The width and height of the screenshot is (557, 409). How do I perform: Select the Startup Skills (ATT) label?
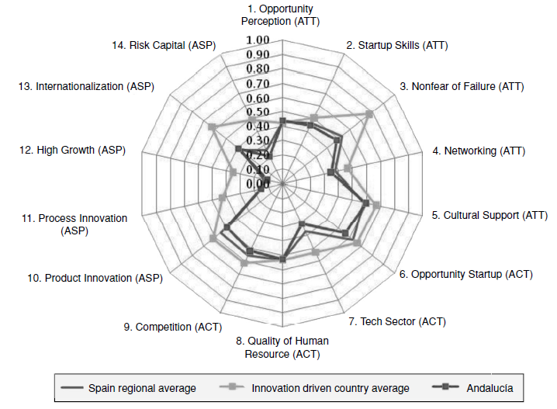pyautogui.click(x=396, y=46)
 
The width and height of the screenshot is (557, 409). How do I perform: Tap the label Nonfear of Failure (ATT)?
pyautogui.click(x=462, y=87)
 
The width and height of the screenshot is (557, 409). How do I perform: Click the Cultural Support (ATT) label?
pyautogui.click(x=490, y=215)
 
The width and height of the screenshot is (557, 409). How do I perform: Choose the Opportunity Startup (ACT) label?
pyautogui.click(x=465, y=274)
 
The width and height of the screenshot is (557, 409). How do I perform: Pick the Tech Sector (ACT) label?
pyautogui.click(x=397, y=321)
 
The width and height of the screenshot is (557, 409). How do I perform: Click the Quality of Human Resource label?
pyautogui.click(x=282, y=347)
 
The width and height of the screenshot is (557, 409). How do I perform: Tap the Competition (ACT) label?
pyautogui.click(x=168, y=327)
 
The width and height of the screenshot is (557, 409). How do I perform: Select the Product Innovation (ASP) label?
pyautogui.click(x=93, y=277)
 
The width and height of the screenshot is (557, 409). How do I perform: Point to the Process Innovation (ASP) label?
pyautogui.click(x=73, y=224)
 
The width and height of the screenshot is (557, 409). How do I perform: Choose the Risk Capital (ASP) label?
pyautogui.click(x=164, y=46)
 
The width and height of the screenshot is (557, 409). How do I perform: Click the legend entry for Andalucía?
pyautogui.click(x=488, y=386)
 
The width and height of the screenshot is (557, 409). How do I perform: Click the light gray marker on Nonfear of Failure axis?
pyautogui.click(x=369, y=114)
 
